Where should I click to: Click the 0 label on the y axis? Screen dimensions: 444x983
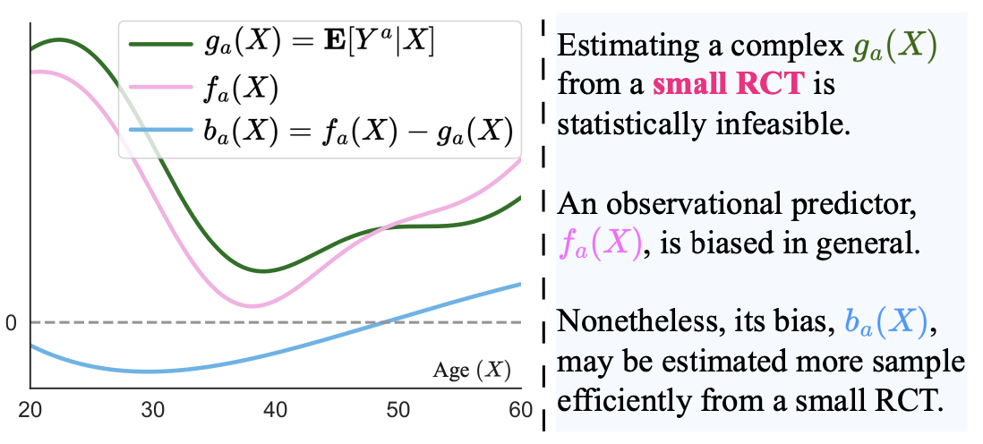(11, 322)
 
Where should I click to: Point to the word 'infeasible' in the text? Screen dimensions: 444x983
(783, 123)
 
